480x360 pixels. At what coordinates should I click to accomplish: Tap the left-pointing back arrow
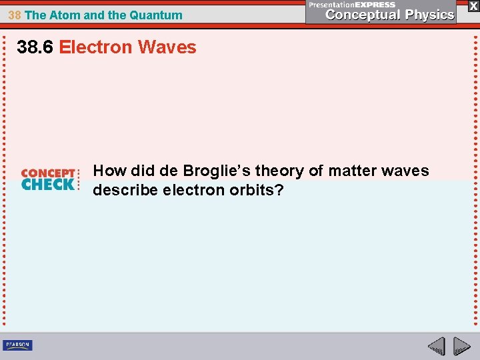[436, 346]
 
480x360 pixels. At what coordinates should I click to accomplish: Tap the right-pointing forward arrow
[461, 346]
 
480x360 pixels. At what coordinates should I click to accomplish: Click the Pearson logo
[17, 345]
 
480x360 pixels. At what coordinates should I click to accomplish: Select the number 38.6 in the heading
[35, 47]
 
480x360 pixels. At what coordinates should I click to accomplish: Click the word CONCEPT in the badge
[48, 173]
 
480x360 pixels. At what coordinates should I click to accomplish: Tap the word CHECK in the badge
[48, 185]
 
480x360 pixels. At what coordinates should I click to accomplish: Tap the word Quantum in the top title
[157, 15]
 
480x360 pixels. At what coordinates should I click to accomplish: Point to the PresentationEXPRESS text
[351, 5]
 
